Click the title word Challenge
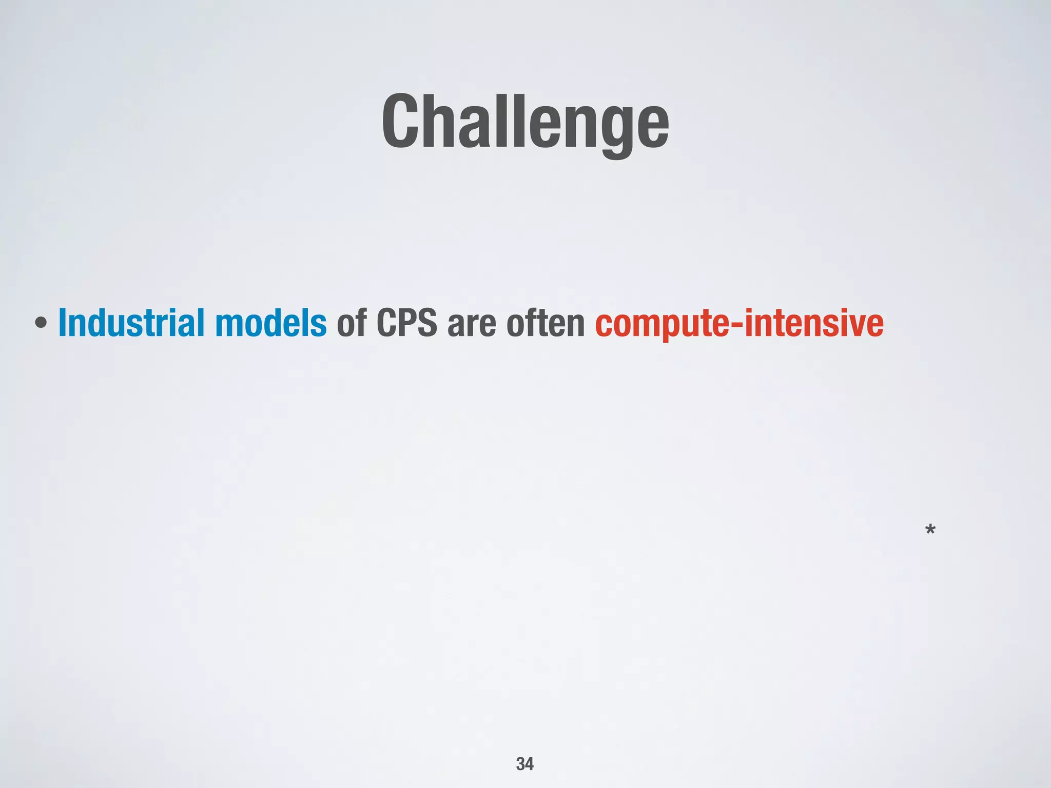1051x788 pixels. point(525,123)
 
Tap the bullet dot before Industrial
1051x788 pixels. point(42,324)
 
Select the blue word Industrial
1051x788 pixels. point(131,323)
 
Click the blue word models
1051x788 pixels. point(270,323)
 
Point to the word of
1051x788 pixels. point(352,323)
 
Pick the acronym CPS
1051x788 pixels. point(407,323)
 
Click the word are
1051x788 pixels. point(472,324)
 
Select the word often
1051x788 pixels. point(546,323)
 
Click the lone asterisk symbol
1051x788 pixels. point(930,530)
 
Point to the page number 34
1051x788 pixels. point(525,764)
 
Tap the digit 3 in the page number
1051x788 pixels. point(520,764)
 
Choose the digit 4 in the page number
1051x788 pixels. point(530,764)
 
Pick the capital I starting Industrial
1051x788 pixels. point(63,323)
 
